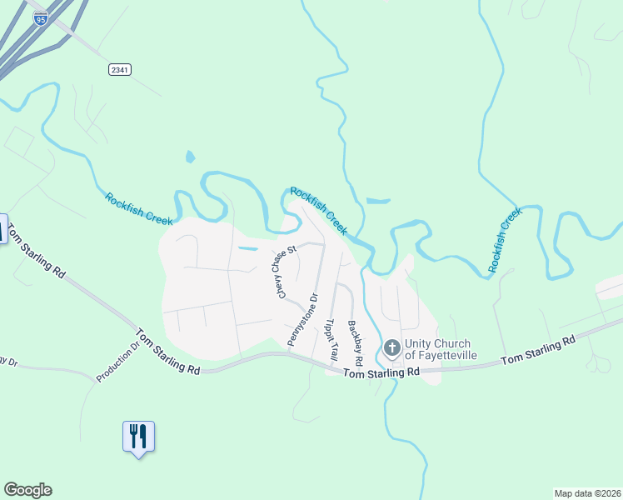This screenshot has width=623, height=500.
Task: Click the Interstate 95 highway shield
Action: click(x=40, y=18)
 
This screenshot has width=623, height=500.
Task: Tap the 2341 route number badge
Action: click(x=119, y=69)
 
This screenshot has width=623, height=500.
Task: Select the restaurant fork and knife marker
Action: click(x=138, y=436)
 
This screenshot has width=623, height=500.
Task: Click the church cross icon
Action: click(x=391, y=348)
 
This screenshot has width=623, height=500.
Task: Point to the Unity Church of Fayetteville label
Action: click(x=437, y=349)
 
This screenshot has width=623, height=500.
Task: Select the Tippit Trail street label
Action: click(x=331, y=339)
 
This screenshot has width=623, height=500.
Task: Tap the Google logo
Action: click(x=27, y=490)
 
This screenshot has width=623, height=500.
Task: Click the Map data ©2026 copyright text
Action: click(x=587, y=493)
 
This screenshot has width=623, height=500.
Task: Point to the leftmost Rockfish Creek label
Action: click(x=138, y=209)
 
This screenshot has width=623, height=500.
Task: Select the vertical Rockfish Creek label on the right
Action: click(x=504, y=240)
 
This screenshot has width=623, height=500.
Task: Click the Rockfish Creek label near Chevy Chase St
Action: click(x=318, y=211)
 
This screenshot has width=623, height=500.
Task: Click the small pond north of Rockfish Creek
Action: click(x=190, y=156)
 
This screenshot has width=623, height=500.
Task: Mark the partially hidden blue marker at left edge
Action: click(x=2, y=229)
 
